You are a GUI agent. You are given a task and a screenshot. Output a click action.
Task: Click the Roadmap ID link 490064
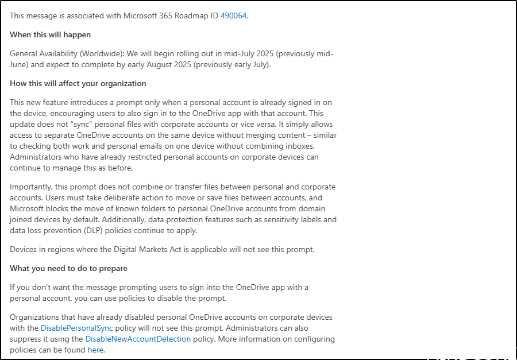click(x=233, y=16)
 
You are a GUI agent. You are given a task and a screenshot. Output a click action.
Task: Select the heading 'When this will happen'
click(x=50, y=34)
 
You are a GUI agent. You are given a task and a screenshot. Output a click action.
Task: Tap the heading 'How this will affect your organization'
click(x=78, y=83)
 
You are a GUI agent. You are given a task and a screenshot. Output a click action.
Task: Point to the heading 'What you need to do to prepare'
click(x=68, y=268)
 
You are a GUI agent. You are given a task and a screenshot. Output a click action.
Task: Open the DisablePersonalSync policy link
click(x=76, y=328)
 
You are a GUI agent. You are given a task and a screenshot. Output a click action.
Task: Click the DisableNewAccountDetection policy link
click(x=138, y=339)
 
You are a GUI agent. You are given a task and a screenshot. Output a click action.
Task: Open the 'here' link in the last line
click(x=95, y=349)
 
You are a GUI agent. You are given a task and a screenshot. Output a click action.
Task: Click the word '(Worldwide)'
click(x=88, y=53)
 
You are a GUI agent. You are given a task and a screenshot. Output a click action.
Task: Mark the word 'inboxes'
click(x=299, y=146)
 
